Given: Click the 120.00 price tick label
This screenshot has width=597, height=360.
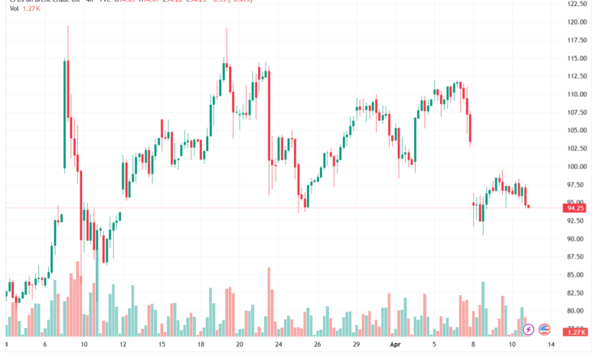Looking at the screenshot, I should [576, 22].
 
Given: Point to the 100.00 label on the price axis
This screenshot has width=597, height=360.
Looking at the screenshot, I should [576, 166].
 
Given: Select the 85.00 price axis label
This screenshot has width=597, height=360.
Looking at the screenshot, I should [576, 274].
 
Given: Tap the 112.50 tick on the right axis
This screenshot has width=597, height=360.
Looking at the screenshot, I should [576, 76].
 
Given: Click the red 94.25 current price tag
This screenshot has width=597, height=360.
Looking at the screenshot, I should [575, 208].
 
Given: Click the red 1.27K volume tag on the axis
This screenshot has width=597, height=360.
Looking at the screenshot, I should [575, 332].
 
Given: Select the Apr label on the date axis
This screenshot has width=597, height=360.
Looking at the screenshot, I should [395, 345].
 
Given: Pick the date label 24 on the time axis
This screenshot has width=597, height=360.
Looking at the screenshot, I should [279, 345].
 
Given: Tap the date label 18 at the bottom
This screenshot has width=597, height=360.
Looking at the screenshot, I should [201, 345].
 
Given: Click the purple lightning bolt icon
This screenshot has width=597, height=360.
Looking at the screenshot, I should [528, 330].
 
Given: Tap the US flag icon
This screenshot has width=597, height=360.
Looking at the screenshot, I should [545, 330].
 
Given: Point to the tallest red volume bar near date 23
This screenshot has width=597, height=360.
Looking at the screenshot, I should [269, 301].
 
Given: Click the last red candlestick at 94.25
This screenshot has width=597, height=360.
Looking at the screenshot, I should [528, 205].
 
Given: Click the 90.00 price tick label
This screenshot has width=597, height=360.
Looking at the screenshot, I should [576, 238].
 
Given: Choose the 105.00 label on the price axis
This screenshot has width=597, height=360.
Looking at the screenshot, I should [576, 130].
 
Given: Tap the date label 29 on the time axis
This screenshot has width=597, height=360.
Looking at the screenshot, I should [357, 345].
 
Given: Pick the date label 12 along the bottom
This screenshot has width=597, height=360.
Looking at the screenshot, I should [123, 345].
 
